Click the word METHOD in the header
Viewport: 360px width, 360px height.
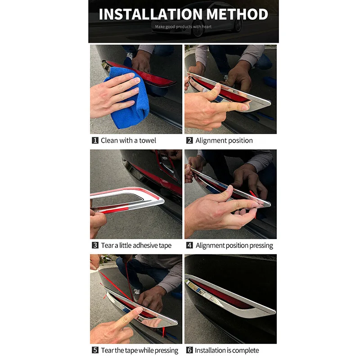238,14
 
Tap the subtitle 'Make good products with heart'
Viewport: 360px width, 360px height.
183,27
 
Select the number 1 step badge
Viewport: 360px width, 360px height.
95,140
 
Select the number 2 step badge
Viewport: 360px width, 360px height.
189,140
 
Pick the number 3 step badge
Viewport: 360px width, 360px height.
95,245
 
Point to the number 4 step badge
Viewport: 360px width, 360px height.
189,245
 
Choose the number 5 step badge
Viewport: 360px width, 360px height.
95,350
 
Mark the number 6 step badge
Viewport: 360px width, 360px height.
189,350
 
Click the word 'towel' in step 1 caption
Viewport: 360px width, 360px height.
148,140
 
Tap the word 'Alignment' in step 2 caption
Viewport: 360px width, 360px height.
211,140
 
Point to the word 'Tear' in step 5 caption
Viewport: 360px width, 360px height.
107,351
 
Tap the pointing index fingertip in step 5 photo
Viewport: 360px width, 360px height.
139,310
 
